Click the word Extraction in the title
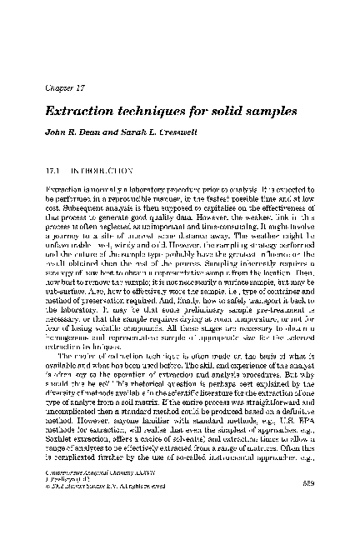click(x=79, y=111)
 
